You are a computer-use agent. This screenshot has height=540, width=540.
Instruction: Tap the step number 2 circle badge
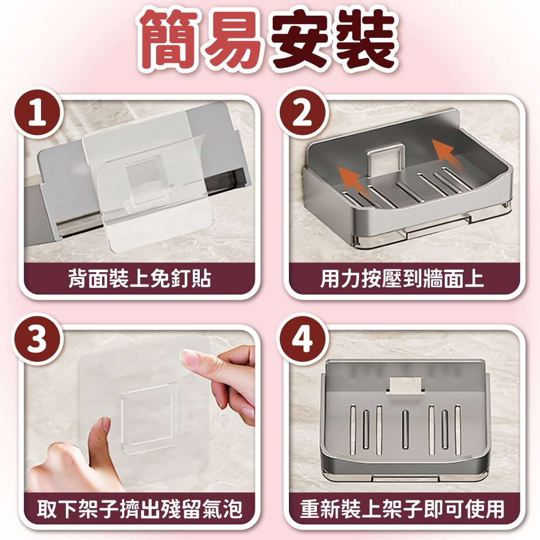pyautogui.click(x=302, y=113)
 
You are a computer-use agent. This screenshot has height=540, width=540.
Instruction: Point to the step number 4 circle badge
pyautogui.click(x=302, y=339)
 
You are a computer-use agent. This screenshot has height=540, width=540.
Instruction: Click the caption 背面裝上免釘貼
pyautogui.click(x=139, y=278)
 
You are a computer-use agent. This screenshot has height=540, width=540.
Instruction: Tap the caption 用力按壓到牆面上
pyautogui.click(x=402, y=278)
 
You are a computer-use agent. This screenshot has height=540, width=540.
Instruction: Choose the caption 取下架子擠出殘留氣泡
pyautogui.click(x=139, y=509)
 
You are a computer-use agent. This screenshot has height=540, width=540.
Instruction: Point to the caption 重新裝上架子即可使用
pyautogui.click(x=402, y=509)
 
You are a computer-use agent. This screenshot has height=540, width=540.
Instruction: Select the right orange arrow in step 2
pyautogui.click(x=444, y=156)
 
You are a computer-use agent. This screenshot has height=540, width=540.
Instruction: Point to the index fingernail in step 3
pyautogui.click(x=188, y=358)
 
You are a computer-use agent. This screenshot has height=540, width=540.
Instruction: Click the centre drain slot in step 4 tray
pyautogui.click(x=405, y=429)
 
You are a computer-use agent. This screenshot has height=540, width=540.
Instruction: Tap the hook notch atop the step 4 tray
pyautogui.click(x=405, y=385)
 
